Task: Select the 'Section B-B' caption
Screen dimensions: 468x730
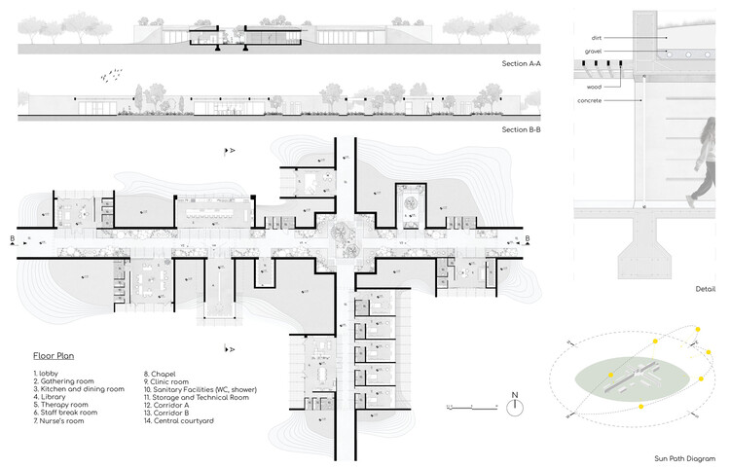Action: [x=521, y=129]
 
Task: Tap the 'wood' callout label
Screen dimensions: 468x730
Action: [x=593, y=87]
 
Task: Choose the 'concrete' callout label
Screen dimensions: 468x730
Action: [x=591, y=100]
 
